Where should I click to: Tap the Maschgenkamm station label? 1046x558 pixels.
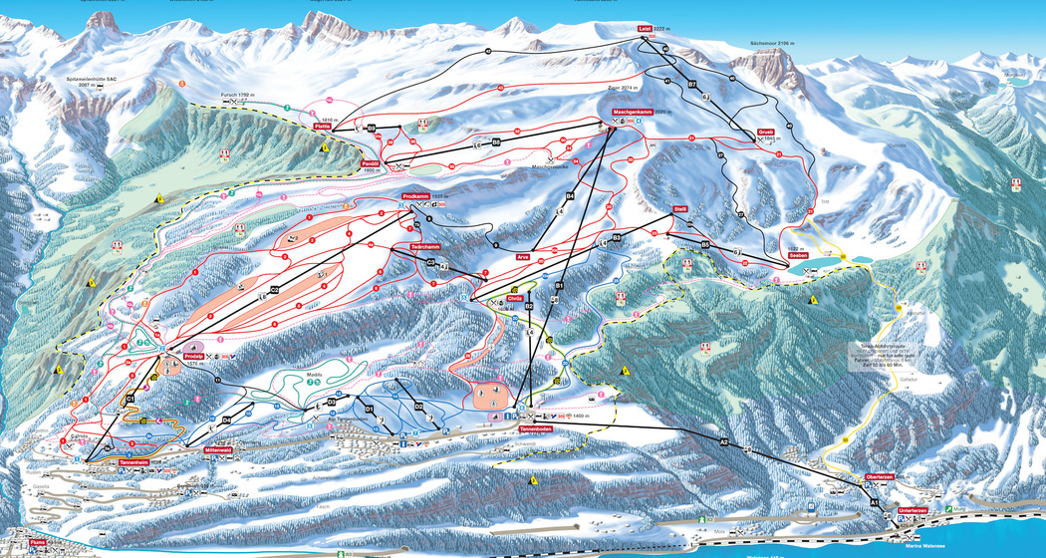pos(633,112)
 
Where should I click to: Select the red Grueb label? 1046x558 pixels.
pos(765,132)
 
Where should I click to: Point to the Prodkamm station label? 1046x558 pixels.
pos(416,196)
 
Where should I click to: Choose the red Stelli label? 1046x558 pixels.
pos(681,209)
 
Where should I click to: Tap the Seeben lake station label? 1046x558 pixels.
pos(798,256)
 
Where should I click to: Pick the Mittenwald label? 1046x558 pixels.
pos(218,450)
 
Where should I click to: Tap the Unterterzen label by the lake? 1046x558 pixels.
pos(913,510)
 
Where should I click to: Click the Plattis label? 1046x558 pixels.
pos(322,129)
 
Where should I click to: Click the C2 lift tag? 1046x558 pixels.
pos(274,289)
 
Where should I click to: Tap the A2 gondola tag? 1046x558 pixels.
pos(724,439)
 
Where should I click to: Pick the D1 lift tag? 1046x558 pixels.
pos(369,409)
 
